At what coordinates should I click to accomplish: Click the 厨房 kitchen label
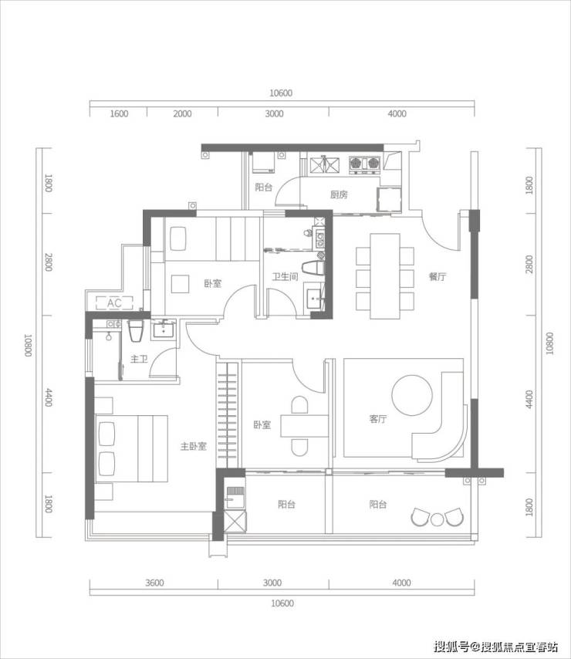(339, 194)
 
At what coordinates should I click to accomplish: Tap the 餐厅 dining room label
(438, 276)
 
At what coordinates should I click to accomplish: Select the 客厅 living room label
(378, 419)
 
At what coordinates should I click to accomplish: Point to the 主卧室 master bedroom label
(193, 446)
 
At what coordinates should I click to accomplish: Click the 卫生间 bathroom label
(285, 276)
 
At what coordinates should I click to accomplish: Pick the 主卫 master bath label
(139, 359)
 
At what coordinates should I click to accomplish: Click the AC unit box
(114, 303)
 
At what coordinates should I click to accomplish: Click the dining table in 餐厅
(385, 276)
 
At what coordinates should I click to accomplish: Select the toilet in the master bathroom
(136, 331)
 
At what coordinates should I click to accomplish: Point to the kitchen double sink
(324, 165)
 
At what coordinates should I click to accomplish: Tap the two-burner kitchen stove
(364, 165)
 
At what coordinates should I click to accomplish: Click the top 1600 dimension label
(119, 114)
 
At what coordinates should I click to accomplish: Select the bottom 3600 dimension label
(154, 583)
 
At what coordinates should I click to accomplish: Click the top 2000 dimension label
(182, 114)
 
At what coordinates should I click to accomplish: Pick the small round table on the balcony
(437, 519)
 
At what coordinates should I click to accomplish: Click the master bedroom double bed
(131, 448)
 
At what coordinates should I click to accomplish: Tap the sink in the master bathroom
(164, 329)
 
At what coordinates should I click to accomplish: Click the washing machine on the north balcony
(263, 163)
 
